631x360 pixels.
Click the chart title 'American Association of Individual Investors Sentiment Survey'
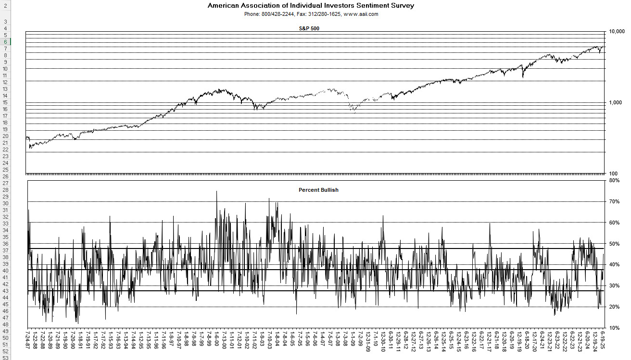[x=311, y=6]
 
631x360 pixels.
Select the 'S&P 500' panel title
[x=309, y=28]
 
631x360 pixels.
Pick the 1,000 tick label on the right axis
[x=616, y=102]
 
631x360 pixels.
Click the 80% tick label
[x=614, y=181]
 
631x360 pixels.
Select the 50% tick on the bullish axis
[x=614, y=244]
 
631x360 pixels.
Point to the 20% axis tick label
[x=614, y=307]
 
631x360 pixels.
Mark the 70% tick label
[x=614, y=202]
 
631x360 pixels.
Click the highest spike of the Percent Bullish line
[x=216, y=191]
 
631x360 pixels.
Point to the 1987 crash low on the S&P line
[x=30, y=148]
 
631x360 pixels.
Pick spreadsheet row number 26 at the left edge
[x=5, y=176]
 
